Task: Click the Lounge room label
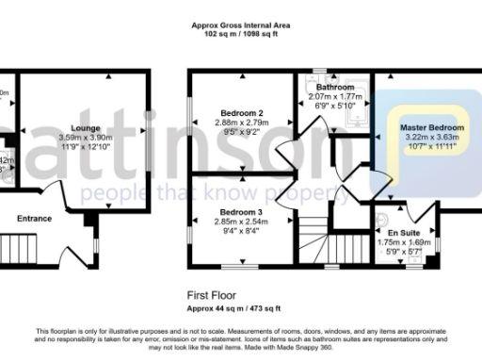(84, 125)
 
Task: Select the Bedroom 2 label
(240, 114)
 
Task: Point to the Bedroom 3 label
(239, 212)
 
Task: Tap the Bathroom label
(334, 87)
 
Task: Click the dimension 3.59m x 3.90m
(84, 136)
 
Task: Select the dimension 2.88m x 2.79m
(240, 124)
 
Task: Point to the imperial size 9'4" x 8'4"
(239, 232)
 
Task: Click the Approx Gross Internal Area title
(240, 25)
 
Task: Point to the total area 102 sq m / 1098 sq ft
(240, 35)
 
